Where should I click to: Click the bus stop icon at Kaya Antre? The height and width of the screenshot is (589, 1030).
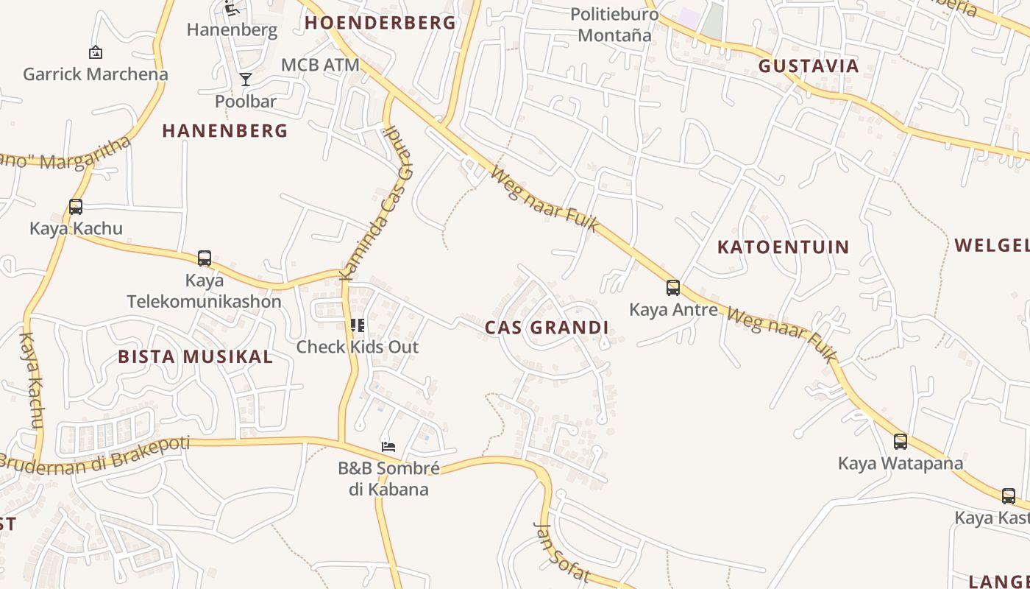[672, 288]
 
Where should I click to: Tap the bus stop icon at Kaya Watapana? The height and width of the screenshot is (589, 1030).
[900, 442]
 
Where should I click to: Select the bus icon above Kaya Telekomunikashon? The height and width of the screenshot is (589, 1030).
[205, 258]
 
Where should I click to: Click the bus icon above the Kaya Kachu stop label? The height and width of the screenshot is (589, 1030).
[76, 207]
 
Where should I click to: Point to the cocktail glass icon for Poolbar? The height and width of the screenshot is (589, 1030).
[246, 80]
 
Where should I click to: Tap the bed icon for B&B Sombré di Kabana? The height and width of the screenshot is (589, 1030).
[388, 446]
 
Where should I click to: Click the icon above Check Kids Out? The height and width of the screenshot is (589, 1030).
[358, 325]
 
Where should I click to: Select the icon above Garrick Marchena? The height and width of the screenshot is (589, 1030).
[95, 52]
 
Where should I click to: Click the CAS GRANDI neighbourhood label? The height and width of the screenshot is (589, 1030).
[547, 328]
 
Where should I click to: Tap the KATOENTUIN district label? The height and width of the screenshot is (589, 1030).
[783, 247]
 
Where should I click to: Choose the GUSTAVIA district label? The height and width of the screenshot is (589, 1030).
[809, 66]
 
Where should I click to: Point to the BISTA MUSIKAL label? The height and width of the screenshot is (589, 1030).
[196, 357]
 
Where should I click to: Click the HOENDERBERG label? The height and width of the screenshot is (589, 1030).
[380, 23]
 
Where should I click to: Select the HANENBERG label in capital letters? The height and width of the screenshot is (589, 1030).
[225, 131]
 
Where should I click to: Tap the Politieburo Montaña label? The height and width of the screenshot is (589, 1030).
[614, 24]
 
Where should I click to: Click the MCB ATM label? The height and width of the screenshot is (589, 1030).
[320, 65]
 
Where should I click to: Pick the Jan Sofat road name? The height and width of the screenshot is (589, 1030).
[561, 552]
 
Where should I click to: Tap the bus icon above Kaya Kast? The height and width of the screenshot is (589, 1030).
[1008, 496]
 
